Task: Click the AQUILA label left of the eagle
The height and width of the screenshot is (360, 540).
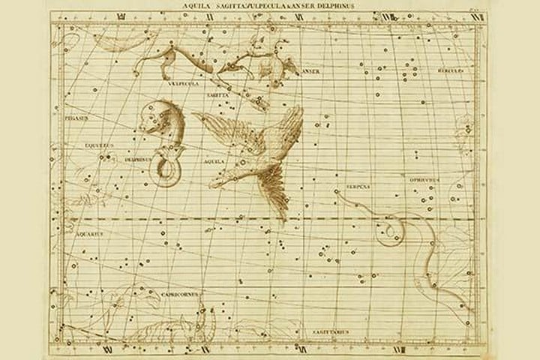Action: click(x=211, y=159)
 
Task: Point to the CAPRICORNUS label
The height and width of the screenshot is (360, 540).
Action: click(x=181, y=294)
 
